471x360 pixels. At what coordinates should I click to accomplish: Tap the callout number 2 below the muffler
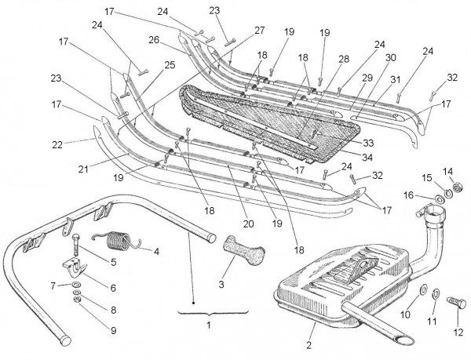tap(310, 345)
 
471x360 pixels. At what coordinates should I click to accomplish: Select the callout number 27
tap(259, 30)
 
